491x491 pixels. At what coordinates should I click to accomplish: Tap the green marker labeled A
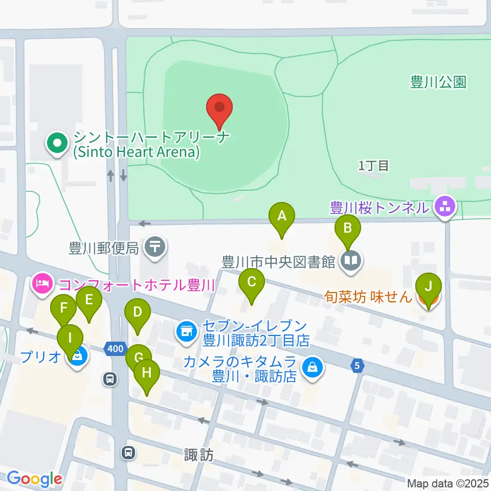pos(281,217)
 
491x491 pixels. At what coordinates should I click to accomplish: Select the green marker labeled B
pos(348,228)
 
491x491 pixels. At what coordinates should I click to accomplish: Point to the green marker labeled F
pos(64,309)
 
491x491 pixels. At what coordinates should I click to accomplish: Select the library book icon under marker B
pos(352,261)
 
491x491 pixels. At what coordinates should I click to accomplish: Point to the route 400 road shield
pos(115,349)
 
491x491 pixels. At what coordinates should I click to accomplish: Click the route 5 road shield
pos(358,365)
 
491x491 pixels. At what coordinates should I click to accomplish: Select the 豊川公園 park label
pos(438,82)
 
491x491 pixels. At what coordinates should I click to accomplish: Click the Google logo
pos(35,479)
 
